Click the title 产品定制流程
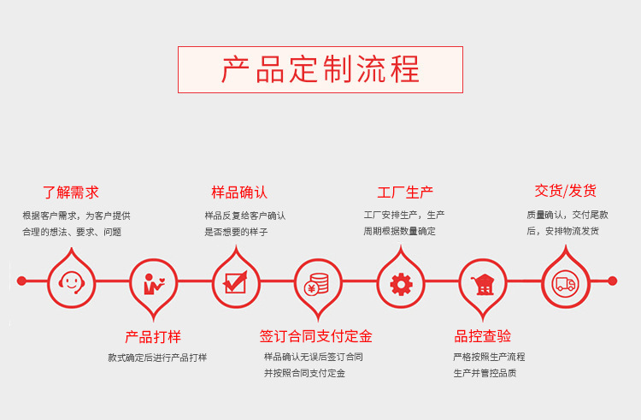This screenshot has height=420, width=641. coord(320,69)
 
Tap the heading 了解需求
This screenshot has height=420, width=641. coord(71,192)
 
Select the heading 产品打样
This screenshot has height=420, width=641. coord(153,337)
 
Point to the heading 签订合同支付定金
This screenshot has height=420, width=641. coord(315,336)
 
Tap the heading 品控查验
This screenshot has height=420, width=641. coord(483,336)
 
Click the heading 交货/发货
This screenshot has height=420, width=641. coord(565,191)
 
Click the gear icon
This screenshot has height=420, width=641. coord(401,283)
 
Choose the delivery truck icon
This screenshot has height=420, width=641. coord(565,282)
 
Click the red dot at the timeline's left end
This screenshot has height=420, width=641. coord(22,281)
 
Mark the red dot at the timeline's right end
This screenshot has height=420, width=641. coord(612,281)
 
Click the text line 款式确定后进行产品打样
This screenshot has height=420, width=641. coord(157,358)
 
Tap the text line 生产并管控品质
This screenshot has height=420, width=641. coord(485,373)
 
